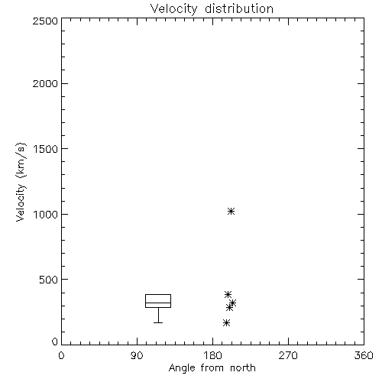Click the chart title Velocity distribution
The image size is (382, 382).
pos(212,8)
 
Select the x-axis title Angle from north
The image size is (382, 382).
pos(212,367)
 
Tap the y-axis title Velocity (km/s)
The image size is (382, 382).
pos(21,182)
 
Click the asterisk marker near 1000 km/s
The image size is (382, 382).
pos(231,211)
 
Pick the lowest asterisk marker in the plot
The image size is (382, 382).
pos(226,323)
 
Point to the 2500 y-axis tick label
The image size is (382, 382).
pos(45,21)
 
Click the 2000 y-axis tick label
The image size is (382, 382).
pos(45,83)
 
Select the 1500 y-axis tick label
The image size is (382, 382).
pos(46,149)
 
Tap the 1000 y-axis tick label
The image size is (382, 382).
pos(46,214)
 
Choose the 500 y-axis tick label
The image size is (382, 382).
pos(49,280)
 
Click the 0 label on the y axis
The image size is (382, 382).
pos(55,342)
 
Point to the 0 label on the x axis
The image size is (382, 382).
pos(61,355)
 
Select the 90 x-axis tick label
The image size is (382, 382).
pos(137,355)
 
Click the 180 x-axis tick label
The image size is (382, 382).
pos(212,355)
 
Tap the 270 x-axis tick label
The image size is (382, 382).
pos(288,355)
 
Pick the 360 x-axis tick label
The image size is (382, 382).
pos(364,355)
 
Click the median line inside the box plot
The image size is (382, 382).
pos(158,303)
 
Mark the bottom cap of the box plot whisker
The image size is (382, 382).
pos(158,322)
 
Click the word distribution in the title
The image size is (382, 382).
pos(239,8)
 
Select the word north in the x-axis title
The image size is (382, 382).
pos(243,367)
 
